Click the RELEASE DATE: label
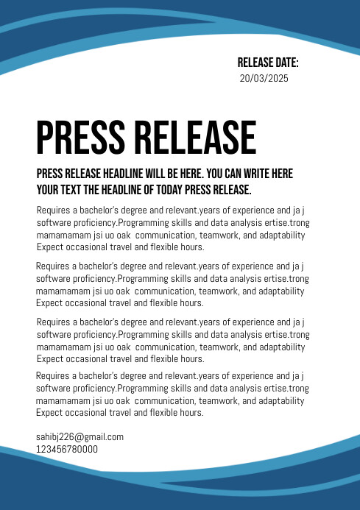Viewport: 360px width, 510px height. pos(267,63)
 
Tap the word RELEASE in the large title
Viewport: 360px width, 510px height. pos(195,138)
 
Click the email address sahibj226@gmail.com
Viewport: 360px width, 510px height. pos(80,436)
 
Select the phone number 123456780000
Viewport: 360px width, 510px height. pos(67,449)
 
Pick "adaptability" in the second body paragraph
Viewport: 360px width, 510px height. pos(280,291)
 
